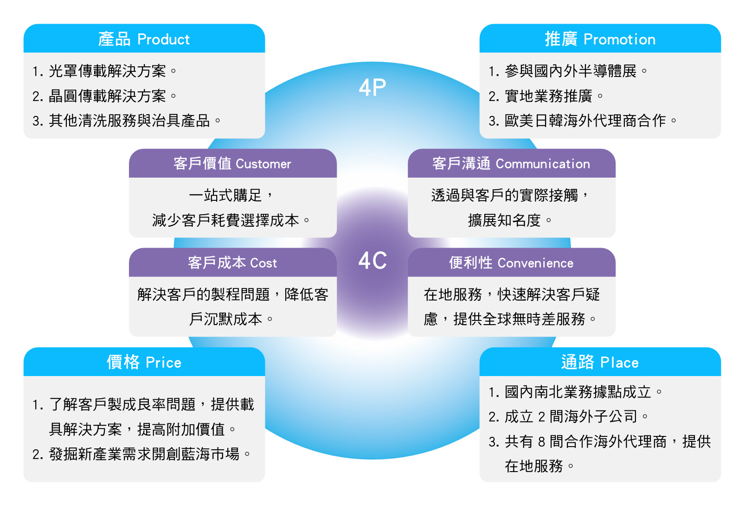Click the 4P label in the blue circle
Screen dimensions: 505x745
[x=372, y=87]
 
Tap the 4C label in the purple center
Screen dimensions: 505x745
[x=372, y=261]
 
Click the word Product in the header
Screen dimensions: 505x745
[x=164, y=39]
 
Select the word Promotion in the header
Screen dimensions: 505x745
[x=619, y=39]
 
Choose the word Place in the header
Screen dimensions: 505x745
[x=619, y=363]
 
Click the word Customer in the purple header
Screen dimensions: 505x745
[x=263, y=164]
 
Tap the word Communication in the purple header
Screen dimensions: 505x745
[x=543, y=164]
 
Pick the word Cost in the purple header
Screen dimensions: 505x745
[x=263, y=263]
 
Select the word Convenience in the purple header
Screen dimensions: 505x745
[x=535, y=263]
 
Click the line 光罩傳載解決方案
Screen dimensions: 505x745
[x=107, y=71]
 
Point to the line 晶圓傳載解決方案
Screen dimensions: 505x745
[x=107, y=96]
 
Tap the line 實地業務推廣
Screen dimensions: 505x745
[x=548, y=96]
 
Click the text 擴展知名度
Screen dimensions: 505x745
[x=504, y=220]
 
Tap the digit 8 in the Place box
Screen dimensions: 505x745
[x=541, y=441]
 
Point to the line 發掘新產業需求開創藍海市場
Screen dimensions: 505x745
[x=144, y=454]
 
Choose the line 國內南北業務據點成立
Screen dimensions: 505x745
[x=578, y=392]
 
